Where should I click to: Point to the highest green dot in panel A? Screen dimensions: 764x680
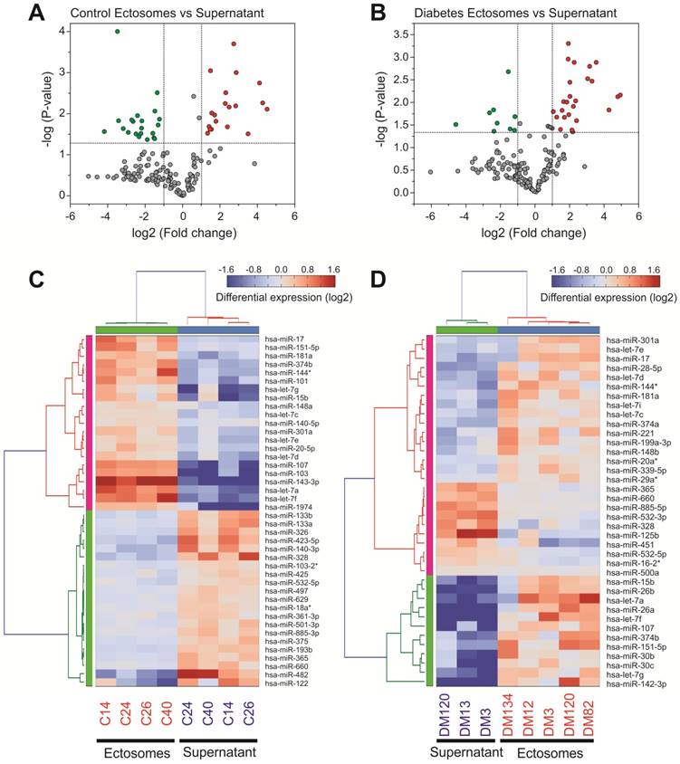tap(117, 32)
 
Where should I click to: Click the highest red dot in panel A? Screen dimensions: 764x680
tap(234, 43)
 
